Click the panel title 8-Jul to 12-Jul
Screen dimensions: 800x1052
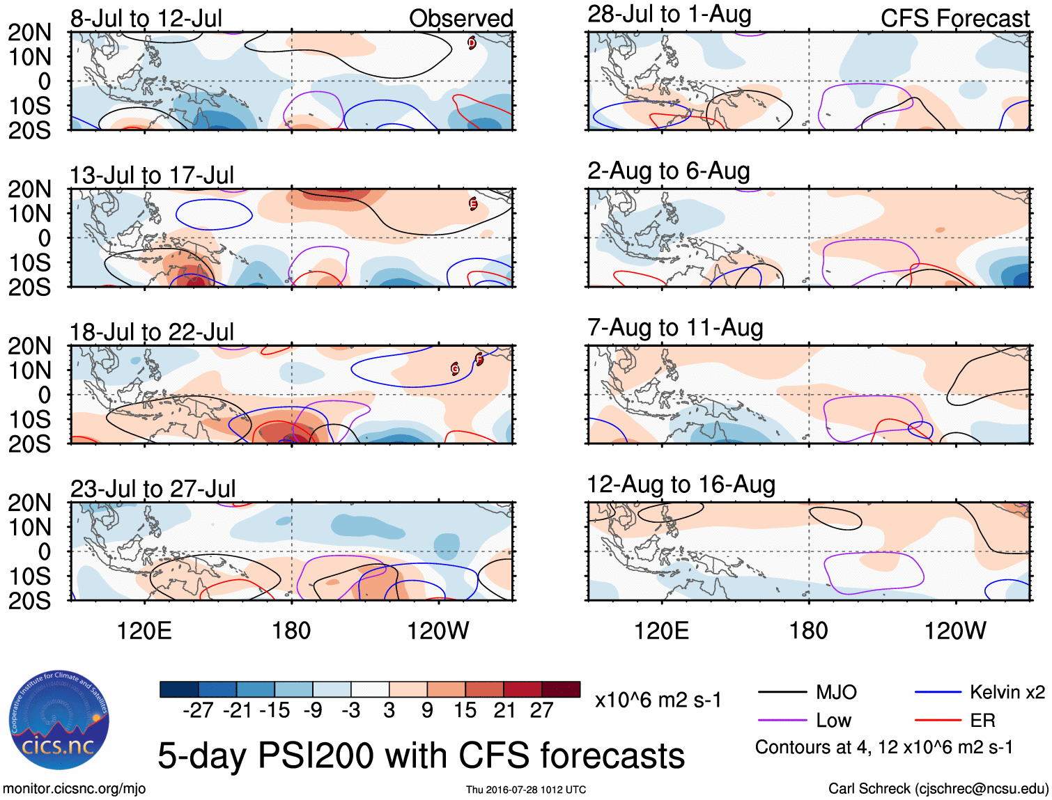pos(146,19)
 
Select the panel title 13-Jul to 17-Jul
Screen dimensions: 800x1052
pos(152,175)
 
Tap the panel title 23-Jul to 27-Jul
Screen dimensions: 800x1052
pos(153,489)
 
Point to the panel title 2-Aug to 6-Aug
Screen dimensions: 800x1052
pos(669,171)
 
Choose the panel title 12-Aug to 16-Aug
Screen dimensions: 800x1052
pos(681,485)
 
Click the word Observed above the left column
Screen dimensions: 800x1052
pos(461,19)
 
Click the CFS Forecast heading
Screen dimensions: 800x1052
pos(954,19)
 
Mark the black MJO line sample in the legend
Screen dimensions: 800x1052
pos(782,692)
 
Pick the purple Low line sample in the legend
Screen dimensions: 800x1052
pos(782,721)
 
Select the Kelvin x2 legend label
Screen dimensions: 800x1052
pos(1007,692)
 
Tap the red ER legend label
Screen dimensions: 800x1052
pos(982,721)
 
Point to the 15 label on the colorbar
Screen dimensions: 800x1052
pos(465,710)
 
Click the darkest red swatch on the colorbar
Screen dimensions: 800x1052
pos(561,689)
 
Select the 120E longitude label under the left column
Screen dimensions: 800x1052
pos(144,631)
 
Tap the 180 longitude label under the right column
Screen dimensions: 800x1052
pos(808,631)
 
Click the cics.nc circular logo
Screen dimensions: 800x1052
pos(59,721)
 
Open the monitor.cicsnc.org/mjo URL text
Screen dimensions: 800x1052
pos(74,789)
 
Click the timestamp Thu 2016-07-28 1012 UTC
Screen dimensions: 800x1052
pos(526,790)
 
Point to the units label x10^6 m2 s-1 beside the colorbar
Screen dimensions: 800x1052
pos(658,700)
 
